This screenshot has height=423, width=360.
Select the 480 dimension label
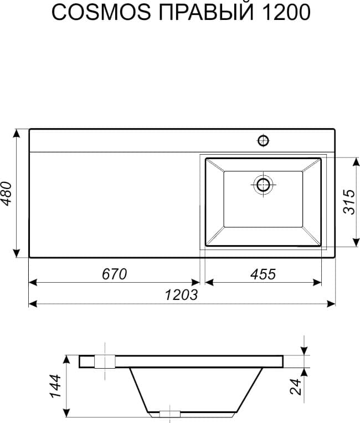7,193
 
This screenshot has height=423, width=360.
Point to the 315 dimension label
349,202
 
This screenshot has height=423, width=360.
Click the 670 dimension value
114,274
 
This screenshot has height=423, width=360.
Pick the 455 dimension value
263,274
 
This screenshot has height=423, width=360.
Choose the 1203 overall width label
181,294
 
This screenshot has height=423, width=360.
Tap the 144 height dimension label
55,386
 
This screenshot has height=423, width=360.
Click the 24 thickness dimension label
295,387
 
